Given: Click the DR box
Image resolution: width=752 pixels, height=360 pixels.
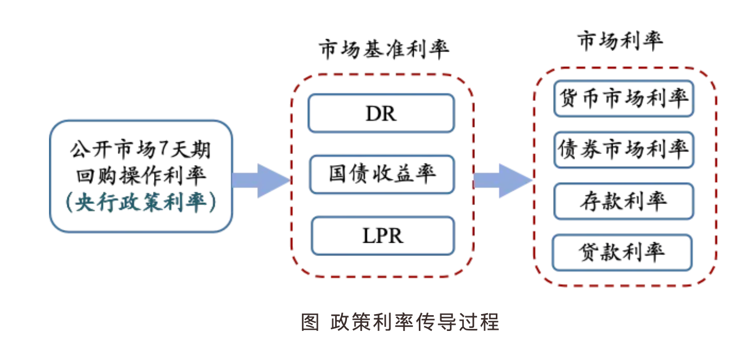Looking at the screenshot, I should (x=381, y=113).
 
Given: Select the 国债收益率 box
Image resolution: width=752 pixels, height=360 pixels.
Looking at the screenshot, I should (x=381, y=174).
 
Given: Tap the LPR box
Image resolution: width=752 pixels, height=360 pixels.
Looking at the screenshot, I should (x=382, y=236).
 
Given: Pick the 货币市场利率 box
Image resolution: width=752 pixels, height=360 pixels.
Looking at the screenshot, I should (x=623, y=98).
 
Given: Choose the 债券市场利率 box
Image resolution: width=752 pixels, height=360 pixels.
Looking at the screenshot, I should (x=623, y=149).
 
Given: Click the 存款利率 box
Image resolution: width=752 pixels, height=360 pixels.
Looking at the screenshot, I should (x=623, y=201).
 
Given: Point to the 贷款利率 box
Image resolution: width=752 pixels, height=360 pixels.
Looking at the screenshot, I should (x=622, y=252).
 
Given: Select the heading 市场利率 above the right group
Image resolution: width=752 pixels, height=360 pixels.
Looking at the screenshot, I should (x=620, y=41).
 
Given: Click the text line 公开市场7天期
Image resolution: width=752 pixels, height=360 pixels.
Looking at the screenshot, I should (x=141, y=150).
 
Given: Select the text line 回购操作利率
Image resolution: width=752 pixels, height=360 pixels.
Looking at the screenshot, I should (x=141, y=176).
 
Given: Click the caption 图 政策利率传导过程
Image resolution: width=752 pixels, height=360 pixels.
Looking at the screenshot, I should (x=400, y=322).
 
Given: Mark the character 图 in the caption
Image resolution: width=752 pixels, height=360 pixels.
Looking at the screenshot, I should (x=310, y=322).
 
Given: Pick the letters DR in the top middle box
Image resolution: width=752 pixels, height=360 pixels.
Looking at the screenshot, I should (x=381, y=114).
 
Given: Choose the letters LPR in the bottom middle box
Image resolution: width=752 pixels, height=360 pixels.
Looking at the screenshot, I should (x=382, y=236).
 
